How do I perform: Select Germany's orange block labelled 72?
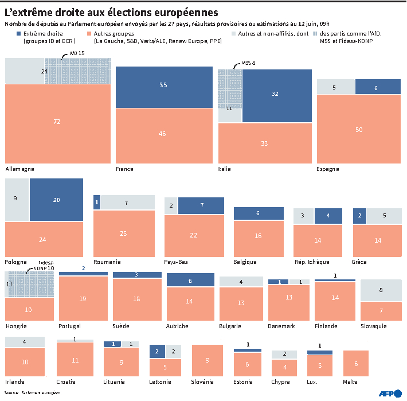point(56,122)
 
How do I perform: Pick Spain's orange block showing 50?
point(358,130)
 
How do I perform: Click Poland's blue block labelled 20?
point(56,200)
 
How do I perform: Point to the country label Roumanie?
point(107,262)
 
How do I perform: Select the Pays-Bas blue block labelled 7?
point(201,205)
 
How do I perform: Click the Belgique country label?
point(245,262)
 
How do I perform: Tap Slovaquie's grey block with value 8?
point(381,290)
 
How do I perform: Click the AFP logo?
point(389,393)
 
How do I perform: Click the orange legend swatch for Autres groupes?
point(89,34)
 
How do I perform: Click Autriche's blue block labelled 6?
point(190,281)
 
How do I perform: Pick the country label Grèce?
point(359,262)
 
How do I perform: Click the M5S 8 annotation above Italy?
point(248,63)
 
